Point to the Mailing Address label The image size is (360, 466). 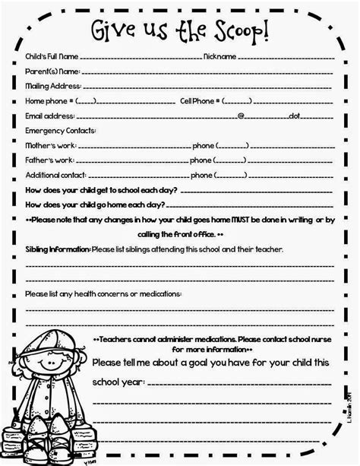click(x=52, y=86)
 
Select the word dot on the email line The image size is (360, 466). click(x=295, y=116)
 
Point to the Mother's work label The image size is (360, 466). click(x=49, y=145)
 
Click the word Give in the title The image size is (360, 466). click(x=113, y=31)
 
